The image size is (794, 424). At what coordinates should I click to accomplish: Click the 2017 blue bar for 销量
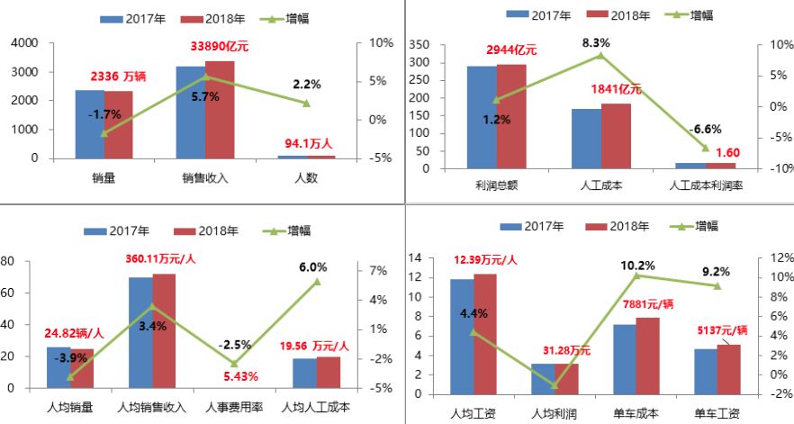click(89, 123)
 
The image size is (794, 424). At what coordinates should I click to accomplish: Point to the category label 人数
click(306, 177)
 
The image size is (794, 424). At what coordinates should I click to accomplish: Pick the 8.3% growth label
click(596, 42)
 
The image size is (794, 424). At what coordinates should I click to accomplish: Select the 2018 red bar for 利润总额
click(511, 116)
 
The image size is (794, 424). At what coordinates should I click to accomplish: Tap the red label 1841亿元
click(616, 89)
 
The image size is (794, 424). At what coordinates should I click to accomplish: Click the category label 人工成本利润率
click(706, 185)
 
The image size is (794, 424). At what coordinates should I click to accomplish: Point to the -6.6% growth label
click(705, 129)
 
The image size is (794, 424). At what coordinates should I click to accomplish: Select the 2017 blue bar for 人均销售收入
click(140, 332)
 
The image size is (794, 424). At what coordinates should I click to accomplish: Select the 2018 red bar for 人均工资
click(484, 333)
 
